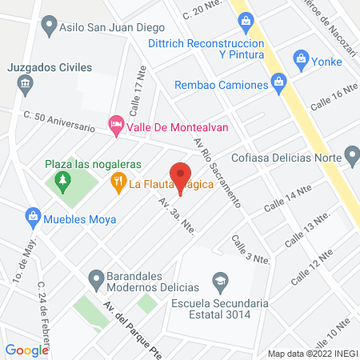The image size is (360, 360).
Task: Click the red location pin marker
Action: tap(181, 174)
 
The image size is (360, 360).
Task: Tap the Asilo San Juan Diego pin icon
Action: tap(50, 26)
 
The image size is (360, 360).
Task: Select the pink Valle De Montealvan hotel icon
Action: tap(116, 125)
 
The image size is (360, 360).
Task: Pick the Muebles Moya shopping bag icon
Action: tap(33, 215)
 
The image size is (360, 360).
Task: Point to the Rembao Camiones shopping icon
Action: tap(278, 81)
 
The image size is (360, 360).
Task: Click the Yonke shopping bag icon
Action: tap(301, 58)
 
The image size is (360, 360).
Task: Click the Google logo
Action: tap(27, 350)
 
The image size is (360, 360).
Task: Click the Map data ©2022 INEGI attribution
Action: tap(312, 354)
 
